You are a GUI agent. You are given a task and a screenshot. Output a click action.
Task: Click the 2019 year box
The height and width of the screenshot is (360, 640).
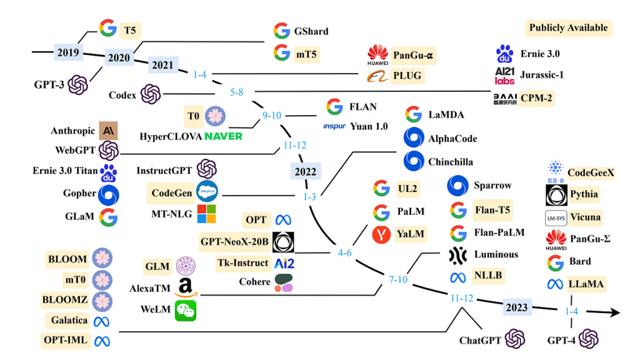click(68, 52)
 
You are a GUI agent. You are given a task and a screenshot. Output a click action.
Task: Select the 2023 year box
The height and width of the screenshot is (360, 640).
click(517, 307)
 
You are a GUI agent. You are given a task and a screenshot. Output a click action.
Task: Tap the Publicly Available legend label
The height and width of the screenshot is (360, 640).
click(568, 27)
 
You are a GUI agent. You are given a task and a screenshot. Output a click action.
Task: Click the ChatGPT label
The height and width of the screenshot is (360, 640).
click(480, 340)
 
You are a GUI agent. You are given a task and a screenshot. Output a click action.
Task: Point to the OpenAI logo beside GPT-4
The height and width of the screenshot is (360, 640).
click(589, 339)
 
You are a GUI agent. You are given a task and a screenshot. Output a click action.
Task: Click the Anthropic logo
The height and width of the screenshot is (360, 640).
click(108, 131)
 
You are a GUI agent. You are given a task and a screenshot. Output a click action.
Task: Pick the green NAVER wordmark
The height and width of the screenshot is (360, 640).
click(223, 136)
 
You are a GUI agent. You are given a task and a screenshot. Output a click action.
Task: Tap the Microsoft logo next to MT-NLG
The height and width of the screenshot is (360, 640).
click(206, 214)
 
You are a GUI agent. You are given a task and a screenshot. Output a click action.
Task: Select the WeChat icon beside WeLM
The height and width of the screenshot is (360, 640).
click(186, 311)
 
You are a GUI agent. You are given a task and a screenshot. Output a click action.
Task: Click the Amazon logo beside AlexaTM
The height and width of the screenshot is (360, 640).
click(186, 287)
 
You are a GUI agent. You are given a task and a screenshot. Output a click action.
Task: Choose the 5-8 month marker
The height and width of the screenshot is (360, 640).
click(236, 92)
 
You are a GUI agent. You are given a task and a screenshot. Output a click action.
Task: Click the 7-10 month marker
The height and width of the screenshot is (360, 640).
click(398, 279)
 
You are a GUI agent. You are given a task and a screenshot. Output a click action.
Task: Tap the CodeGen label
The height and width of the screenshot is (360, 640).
click(171, 193)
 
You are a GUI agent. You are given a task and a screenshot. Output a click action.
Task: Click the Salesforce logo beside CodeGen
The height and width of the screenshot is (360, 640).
click(207, 191)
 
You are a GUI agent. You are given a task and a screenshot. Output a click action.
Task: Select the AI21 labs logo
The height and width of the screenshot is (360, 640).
click(505, 76)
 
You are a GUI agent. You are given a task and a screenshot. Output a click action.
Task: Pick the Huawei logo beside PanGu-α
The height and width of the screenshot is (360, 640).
click(377, 55)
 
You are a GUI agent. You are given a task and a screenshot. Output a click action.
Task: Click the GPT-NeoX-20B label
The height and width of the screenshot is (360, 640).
click(234, 242)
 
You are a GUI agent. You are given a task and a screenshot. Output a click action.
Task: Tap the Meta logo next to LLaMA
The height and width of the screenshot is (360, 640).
click(555, 284)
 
